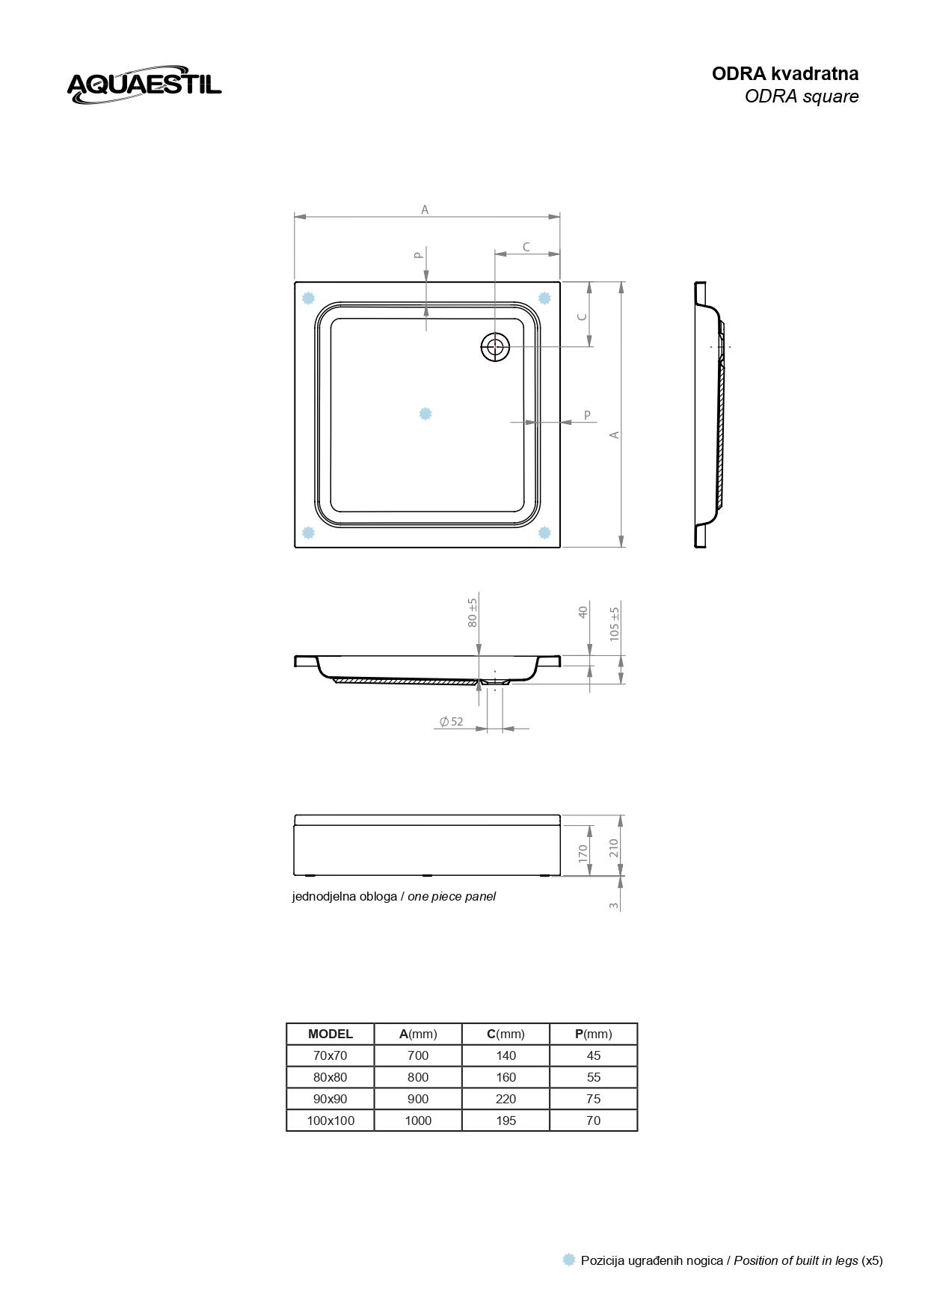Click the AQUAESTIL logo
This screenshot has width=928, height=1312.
pyautogui.click(x=144, y=85)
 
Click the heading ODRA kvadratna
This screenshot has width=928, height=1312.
pyautogui.click(x=785, y=73)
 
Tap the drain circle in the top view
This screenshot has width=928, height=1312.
pyautogui.click(x=494, y=346)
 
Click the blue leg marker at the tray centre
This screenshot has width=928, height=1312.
pyautogui.click(x=425, y=414)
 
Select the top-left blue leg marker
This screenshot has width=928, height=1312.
pyautogui.click(x=308, y=298)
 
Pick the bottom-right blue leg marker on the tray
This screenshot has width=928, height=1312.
pyautogui.click(x=544, y=533)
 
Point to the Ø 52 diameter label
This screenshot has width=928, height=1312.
pyautogui.click(x=452, y=722)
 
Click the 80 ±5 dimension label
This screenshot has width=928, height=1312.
pyautogui.click(x=473, y=613)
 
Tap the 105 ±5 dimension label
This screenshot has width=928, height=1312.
pyautogui.click(x=615, y=623)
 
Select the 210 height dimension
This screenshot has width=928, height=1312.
pyautogui.click(x=614, y=847)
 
